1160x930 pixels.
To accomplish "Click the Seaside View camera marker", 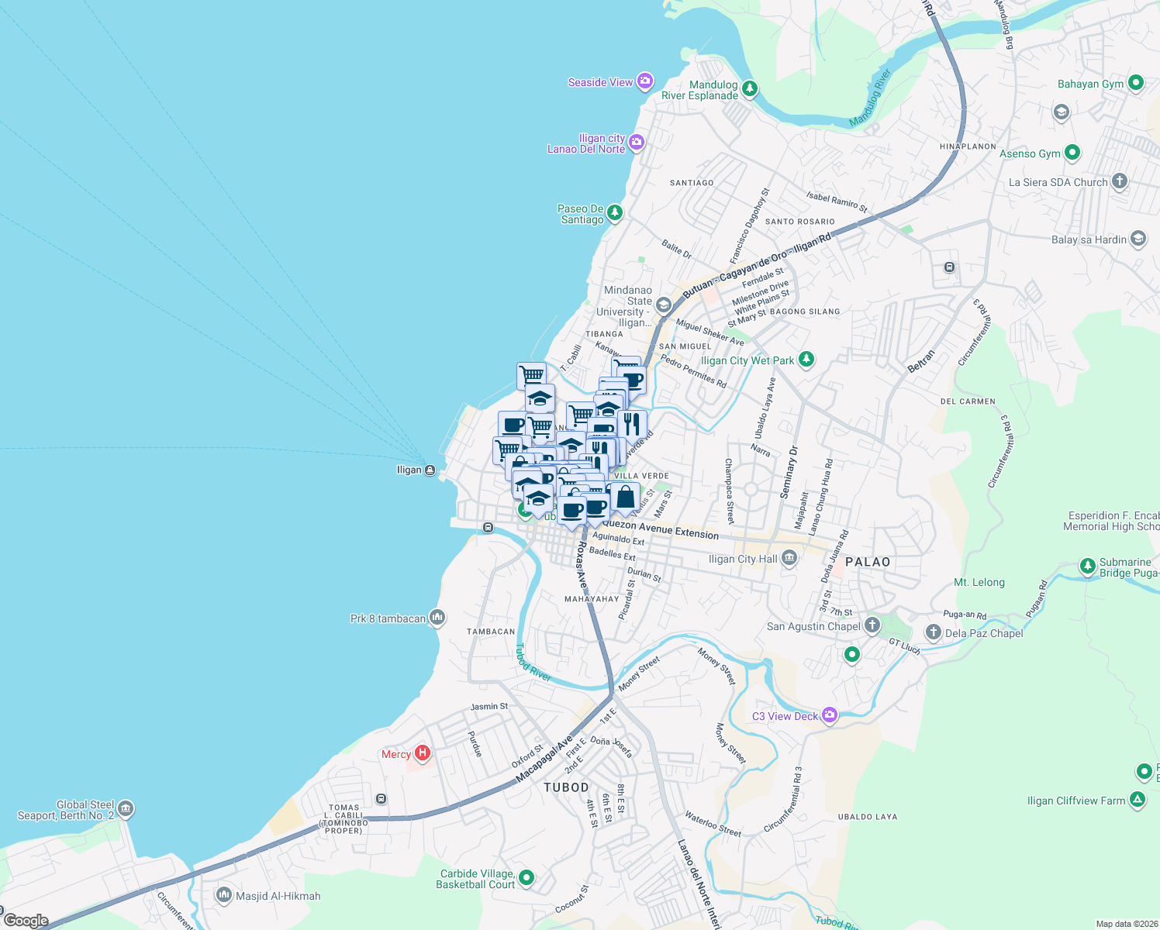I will [645, 81].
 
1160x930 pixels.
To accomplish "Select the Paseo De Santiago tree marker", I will [615, 213].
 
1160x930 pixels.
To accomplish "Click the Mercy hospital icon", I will [423, 753].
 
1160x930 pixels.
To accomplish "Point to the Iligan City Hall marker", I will [789, 558].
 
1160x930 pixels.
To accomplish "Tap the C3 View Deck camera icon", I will [830, 715].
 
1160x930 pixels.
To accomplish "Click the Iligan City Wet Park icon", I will [806, 360].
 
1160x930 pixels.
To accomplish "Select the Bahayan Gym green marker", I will [1136, 82].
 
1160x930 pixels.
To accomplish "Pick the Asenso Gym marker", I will [1072, 153].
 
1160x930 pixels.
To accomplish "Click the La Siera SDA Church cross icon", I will [1119, 181].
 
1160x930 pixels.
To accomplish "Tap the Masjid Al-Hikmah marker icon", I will [224, 895].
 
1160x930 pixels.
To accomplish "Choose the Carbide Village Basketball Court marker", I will [526, 878].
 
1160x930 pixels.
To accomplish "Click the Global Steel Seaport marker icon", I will [126, 810].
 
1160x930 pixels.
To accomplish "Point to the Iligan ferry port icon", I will [430, 470].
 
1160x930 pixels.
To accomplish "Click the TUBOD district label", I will [566, 787].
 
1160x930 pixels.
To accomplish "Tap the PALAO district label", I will [868, 562].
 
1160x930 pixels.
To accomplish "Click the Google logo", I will [26, 921].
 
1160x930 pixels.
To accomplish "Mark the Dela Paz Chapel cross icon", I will [934, 632].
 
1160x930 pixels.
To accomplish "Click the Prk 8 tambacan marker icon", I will [437, 618].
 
